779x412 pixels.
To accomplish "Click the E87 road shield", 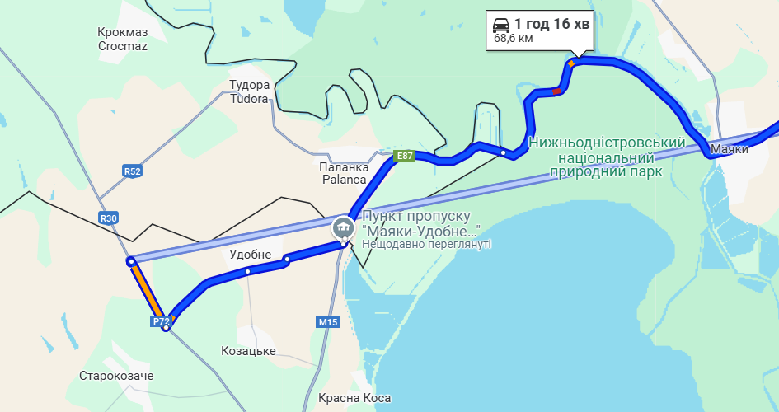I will click(404, 156).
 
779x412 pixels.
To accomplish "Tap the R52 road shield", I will click(132, 171).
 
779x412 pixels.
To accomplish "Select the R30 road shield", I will click(108, 218).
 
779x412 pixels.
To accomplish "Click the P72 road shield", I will click(161, 321).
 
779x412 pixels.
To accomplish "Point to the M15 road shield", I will click(328, 322).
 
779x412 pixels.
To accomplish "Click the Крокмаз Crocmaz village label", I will click(122, 40).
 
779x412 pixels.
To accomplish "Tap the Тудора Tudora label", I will click(249, 91).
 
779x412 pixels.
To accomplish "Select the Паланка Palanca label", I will click(342, 173).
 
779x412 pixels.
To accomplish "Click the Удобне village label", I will click(250, 255).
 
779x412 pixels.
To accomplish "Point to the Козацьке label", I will click(248, 351).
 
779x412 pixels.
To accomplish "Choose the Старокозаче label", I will click(116, 376).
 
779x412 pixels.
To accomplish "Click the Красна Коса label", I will click(354, 399).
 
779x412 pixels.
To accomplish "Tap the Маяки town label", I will click(729, 150).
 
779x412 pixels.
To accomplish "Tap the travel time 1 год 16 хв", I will click(551, 24).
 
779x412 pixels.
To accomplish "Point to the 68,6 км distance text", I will click(513, 38).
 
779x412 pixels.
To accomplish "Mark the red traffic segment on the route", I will click(558, 91).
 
